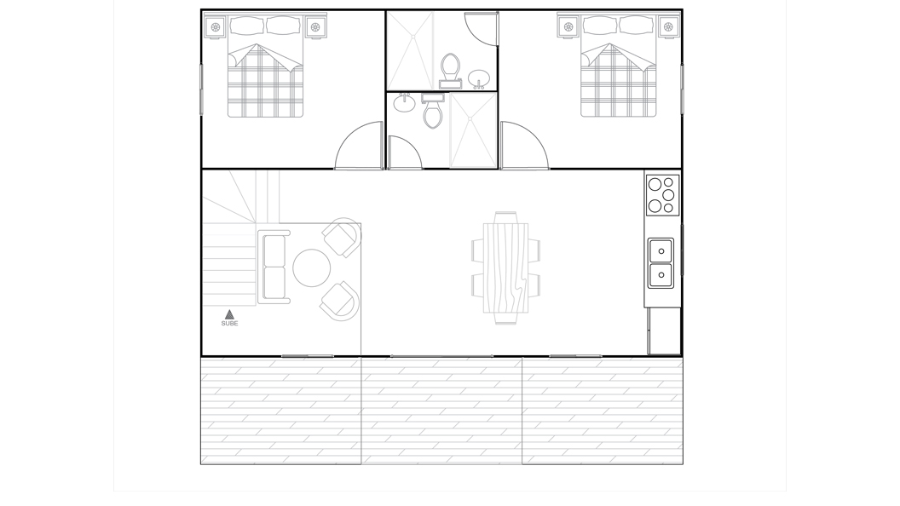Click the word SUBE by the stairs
tap(229, 324)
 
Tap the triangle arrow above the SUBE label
tap(229, 314)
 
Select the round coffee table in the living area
tap(312, 268)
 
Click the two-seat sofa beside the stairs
tap(274, 267)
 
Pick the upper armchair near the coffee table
tap(342, 237)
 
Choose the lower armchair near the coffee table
tap(340, 301)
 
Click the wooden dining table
tap(505, 268)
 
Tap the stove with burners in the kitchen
tap(663, 195)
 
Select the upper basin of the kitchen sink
tap(661, 250)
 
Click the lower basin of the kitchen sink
tap(661, 275)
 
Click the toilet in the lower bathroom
tap(433, 111)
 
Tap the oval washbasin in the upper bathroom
tap(479, 78)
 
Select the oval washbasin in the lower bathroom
tap(405, 102)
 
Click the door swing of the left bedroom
tap(360, 146)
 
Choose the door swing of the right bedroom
tap(525, 146)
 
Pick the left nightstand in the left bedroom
tap(216, 27)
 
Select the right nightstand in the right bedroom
tap(668, 26)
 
